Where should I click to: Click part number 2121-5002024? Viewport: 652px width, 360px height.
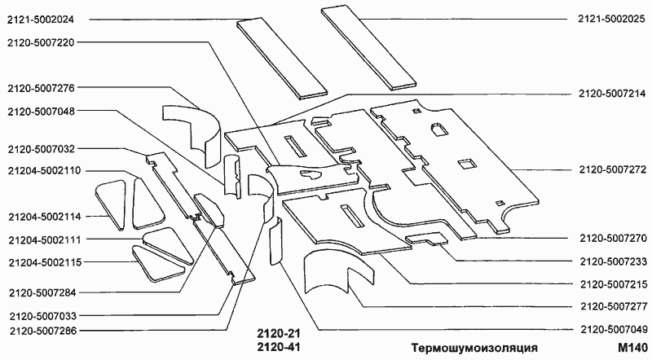point(41,19)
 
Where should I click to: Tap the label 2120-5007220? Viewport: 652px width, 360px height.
point(41,42)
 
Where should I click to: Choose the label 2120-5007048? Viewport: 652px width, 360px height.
point(41,112)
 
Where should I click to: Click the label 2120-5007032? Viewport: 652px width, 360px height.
point(41,149)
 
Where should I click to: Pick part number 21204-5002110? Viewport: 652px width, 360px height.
point(44,172)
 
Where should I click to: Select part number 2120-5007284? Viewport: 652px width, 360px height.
point(41,292)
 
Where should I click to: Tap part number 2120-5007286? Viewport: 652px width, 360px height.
point(41,331)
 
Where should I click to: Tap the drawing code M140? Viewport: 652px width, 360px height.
point(632,348)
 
